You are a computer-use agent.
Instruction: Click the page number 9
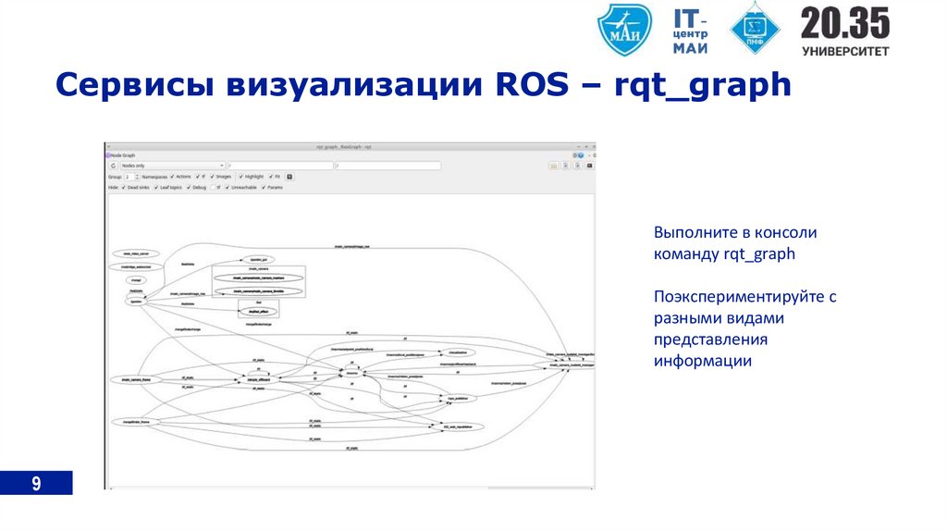click(36, 483)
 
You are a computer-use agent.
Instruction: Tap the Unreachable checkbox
click(227, 187)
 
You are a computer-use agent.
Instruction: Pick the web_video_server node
click(136, 253)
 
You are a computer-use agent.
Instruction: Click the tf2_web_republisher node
click(459, 426)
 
